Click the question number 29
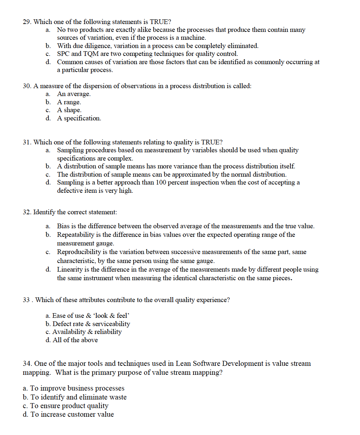click(27, 22)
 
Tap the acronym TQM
click(93, 54)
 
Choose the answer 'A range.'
click(69, 102)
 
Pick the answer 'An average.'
click(74, 94)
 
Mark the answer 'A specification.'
click(79, 118)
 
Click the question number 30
click(27, 86)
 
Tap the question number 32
click(27, 212)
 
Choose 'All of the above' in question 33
click(75, 340)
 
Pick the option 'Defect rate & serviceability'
click(91, 324)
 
